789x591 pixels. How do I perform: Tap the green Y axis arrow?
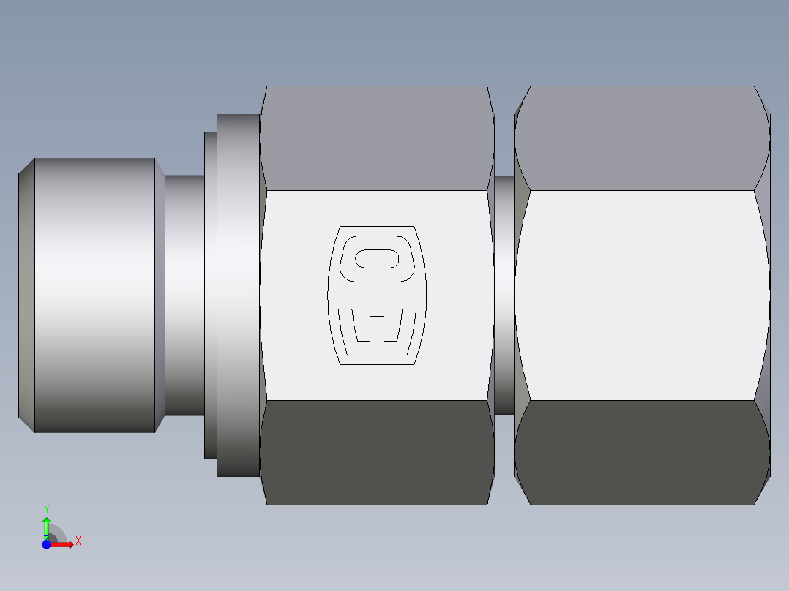(x=46, y=525)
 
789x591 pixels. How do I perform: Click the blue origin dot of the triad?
(x=46, y=544)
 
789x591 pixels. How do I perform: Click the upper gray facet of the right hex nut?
(x=641, y=138)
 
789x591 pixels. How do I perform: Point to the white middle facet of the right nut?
(x=641, y=295)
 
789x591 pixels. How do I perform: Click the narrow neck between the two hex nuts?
(x=504, y=295)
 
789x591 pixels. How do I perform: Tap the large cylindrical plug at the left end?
(x=95, y=295)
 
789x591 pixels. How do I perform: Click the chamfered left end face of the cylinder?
(x=26, y=295)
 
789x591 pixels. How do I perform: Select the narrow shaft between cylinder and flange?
(x=183, y=295)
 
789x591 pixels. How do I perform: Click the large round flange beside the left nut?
(x=237, y=295)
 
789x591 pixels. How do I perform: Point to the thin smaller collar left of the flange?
(x=210, y=295)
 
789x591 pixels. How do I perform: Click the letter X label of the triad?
(x=78, y=541)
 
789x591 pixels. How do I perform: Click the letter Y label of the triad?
(x=46, y=508)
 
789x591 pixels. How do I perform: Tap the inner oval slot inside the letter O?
(x=377, y=258)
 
